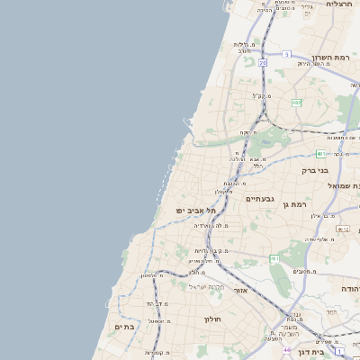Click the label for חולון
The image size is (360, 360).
click(x=212, y=319)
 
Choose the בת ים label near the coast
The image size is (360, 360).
click(x=124, y=327)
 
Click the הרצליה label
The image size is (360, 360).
click(x=339, y=4)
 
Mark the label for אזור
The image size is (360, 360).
click(x=239, y=290)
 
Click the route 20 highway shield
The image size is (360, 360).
click(x=262, y=64)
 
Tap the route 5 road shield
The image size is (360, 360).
click(x=285, y=54)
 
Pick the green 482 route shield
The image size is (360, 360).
click(x=295, y=103)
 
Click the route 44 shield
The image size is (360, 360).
click(x=286, y=349)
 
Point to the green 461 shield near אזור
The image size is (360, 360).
click(x=274, y=258)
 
